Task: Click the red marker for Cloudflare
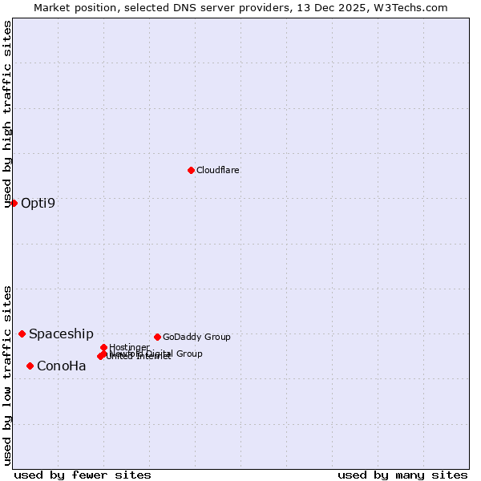(191, 170)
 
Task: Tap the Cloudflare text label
(218, 170)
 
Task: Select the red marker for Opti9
(14, 203)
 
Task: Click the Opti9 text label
(38, 203)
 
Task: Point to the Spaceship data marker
(22, 333)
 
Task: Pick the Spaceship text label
(61, 333)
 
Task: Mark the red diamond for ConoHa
(30, 366)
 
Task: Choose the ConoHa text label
(62, 366)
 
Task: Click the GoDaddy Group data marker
(157, 337)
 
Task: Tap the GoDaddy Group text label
(196, 337)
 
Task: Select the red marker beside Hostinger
(103, 347)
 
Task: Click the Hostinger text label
(129, 347)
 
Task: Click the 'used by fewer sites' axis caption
(83, 475)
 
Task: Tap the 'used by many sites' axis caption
(402, 475)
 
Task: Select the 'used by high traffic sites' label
(7, 114)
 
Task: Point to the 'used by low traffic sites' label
(7, 374)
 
